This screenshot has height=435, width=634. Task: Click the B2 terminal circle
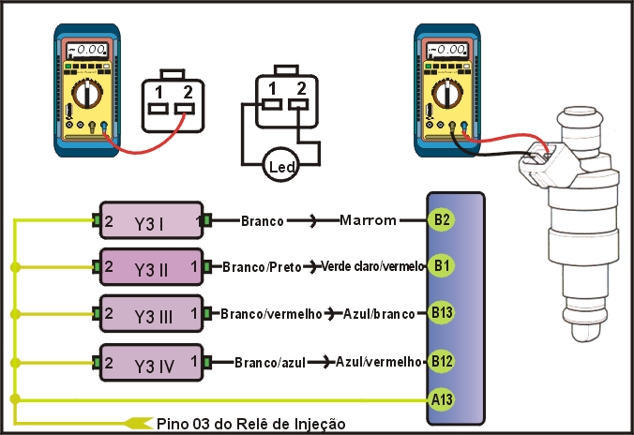[442, 221]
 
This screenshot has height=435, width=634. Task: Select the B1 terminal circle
[442, 267]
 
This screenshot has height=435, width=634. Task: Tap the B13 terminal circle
[443, 312]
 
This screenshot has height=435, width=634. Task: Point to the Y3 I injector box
[150, 222]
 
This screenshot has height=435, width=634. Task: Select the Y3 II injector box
[150, 268]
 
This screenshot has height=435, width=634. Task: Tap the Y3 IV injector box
[150, 362]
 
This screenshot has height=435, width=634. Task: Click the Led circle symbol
[281, 167]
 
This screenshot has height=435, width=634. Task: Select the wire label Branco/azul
[268, 362]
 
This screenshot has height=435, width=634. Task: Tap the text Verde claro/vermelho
[372, 267]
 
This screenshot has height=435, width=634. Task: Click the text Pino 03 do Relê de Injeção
[251, 424]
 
